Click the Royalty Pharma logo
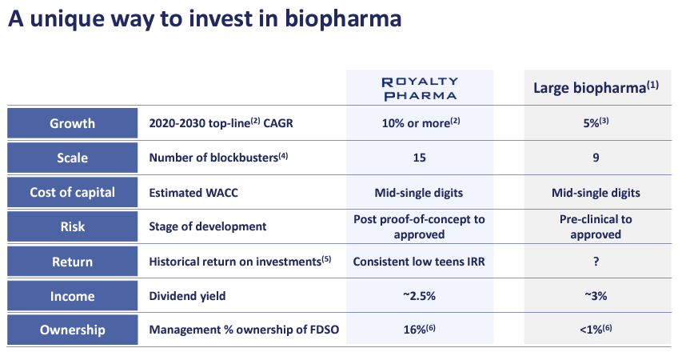(x=420, y=88)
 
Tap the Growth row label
(x=73, y=123)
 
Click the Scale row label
(x=73, y=158)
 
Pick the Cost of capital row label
(x=73, y=192)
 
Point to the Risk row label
(x=73, y=226)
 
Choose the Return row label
(x=73, y=262)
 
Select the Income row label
(x=73, y=296)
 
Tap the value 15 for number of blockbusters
(x=419, y=158)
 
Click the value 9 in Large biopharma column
(x=596, y=158)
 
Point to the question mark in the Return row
(x=596, y=262)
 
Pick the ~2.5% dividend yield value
(x=419, y=296)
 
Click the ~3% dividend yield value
(x=596, y=296)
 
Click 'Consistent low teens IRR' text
(x=419, y=262)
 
